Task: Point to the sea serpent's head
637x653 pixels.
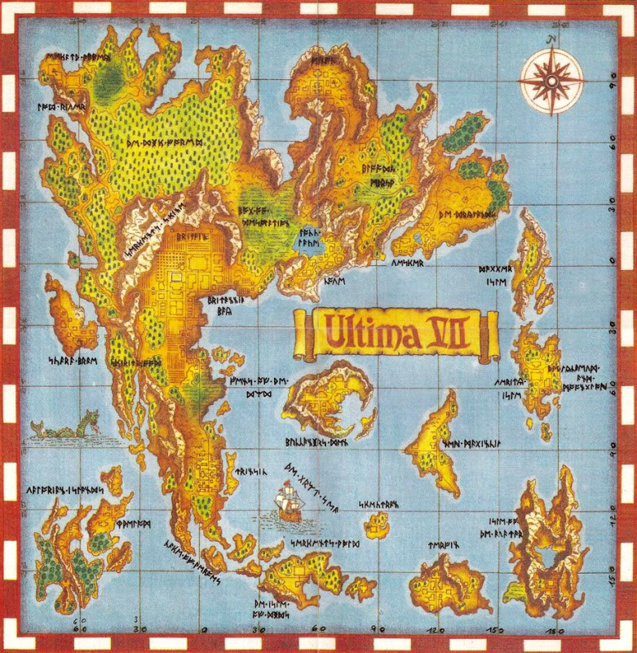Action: click(x=94, y=421)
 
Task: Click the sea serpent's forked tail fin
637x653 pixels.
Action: click(x=35, y=426)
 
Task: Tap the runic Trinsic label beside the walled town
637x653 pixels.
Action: click(x=246, y=472)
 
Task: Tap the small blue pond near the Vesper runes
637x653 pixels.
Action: click(x=418, y=238)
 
